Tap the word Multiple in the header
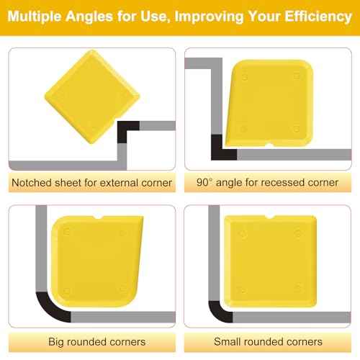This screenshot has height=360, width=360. pos(35,17)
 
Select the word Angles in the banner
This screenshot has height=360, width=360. pos(89,17)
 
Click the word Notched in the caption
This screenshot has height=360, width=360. pos(32,183)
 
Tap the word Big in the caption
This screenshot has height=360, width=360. pos(56,342)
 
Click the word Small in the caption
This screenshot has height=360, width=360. pos(227,341)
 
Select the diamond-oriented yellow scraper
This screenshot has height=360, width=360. pos(92,96)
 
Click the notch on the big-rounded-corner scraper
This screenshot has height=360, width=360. pos(98,217)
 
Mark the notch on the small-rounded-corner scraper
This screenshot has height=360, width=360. pos(270,217)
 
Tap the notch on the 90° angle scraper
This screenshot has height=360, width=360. pos(271,145)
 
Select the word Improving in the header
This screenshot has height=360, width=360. pos(209,17)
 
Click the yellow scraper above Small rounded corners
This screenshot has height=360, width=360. pos(270,261)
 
